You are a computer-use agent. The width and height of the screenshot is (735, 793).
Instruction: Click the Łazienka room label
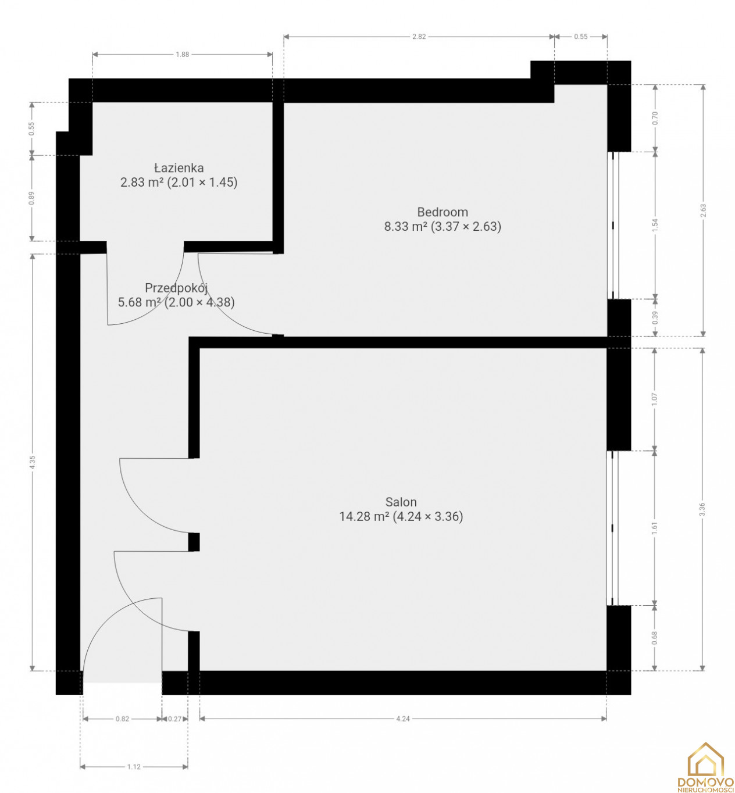tap(179, 167)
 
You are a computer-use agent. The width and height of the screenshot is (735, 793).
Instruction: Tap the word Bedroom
tap(443, 212)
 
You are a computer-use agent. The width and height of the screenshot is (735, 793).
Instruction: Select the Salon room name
tap(401, 502)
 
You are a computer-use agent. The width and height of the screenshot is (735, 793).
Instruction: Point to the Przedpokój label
tap(176, 288)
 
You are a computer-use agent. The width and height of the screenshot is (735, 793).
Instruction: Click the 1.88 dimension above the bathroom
tap(183, 55)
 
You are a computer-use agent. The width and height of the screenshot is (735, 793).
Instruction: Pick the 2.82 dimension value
tap(419, 37)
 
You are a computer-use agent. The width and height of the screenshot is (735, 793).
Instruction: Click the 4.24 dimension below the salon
tap(403, 719)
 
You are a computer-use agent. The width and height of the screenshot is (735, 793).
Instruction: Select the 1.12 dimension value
tap(134, 767)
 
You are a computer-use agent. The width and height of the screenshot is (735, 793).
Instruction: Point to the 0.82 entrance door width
tap(122, 719)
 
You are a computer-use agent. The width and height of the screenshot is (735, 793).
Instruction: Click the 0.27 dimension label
tap(174, 719)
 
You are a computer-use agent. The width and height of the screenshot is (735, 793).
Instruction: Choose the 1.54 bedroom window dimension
tap(655, 225)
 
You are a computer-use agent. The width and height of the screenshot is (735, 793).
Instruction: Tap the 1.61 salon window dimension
tap(654, 528)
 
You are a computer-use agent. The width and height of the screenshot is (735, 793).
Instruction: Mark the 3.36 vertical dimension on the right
tap(702, 509)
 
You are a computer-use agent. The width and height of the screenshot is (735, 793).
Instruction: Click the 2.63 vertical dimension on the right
tap(703, 210)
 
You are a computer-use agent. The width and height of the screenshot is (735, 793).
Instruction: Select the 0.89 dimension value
tap(31, 198)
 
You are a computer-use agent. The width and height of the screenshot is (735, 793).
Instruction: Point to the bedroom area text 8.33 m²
tap(406, 226)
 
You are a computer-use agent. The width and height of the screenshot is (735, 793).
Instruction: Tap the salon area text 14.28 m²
tap(365, 517)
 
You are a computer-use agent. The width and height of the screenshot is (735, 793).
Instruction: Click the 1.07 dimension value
tap(654, 399)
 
